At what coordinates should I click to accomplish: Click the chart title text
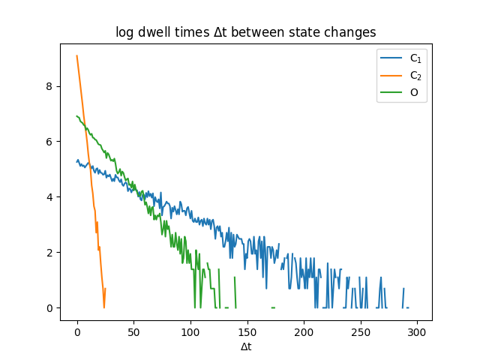pos(245,32)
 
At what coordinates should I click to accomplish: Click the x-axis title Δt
pos(245,346)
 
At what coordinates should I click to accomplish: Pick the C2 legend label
pos(415,75)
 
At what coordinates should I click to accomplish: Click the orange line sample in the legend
pos(391,75)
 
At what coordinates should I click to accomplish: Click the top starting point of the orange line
pos(77,55)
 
